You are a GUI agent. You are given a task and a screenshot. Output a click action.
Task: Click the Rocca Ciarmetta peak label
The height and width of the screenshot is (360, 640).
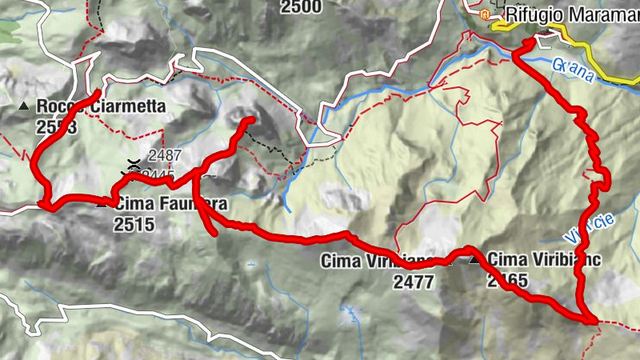101,106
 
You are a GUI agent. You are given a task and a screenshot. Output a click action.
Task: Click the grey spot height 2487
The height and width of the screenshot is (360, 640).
165,156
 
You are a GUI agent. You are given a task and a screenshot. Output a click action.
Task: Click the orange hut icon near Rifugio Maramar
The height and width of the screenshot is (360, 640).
484,14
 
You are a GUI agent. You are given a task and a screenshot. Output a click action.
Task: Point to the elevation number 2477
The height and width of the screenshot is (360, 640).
414,281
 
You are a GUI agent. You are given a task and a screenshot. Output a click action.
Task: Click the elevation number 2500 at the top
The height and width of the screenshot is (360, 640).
301,7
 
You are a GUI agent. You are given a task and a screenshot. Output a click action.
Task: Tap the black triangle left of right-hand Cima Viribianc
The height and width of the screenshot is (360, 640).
475,259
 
